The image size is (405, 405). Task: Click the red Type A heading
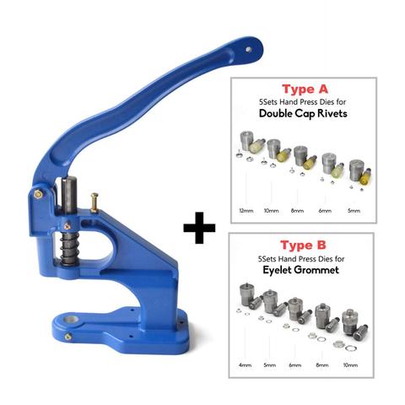pos(305,89)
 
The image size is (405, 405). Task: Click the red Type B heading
pos(303,246)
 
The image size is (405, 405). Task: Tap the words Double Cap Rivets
pos(303,113)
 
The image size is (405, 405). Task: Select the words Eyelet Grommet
pos(300,270)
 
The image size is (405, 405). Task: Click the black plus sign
pos(199,228)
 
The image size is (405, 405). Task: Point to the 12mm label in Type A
pos(246,211)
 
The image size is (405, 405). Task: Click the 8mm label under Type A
pos(297,211)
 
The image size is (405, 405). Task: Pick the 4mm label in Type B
pos(245,365)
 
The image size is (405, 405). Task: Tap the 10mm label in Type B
pos(350,365)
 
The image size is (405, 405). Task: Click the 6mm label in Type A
pos(325,211)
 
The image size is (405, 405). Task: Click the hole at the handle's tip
pos(248,50)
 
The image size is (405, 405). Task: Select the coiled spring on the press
pos(68,248)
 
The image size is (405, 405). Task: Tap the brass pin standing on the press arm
pos(94,202)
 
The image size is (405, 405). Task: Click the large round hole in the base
pos(71,320)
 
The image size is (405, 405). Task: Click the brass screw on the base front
pos(67,337)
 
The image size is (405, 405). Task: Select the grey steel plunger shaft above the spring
pos(69,196)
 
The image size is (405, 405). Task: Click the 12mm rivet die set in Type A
pos(251,146)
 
